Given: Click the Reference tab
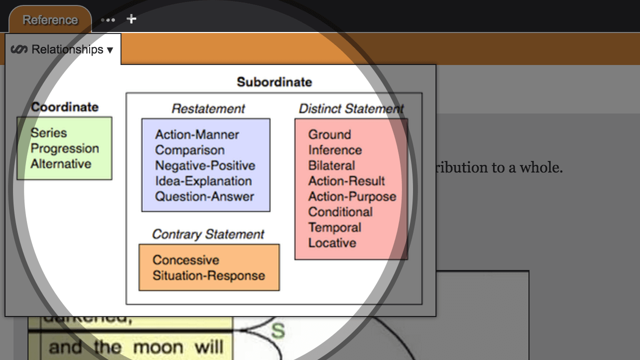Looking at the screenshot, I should click(x=50, y=20).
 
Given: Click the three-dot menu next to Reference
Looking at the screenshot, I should click(x=108, y=20).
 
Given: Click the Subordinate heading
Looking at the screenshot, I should click(x=274, y=82).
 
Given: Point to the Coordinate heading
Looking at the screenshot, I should click(x=65, y=107).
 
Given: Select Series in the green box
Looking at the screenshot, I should click(x=48, y=133).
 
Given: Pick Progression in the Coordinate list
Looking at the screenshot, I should click(x=65, y=148).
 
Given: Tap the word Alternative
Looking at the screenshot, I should click(x=61, y=164).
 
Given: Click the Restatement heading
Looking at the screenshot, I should click(x=208, y=108).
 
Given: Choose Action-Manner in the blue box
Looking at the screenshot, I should click(x=197, y=134).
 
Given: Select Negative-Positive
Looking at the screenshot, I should click(x=205, y=165).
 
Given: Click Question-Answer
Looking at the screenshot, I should click(x=204, y=196).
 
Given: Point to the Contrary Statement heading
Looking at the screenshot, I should click(x=208, y=234).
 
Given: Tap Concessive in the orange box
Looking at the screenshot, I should click(x=186, y=260).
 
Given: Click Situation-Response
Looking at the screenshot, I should click(x=208, y=275).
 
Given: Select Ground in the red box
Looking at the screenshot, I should click(x=329, y=134).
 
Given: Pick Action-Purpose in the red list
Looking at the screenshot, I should click(x=352, y=196).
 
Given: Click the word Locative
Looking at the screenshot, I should click(x=332, y=243).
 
